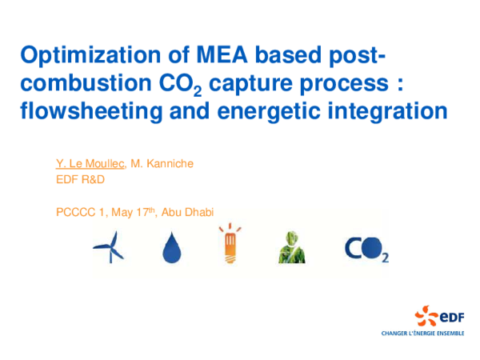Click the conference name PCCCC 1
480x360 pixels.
(83, 212)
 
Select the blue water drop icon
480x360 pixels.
(170, 249)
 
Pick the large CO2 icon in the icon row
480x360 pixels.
(366, 249)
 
